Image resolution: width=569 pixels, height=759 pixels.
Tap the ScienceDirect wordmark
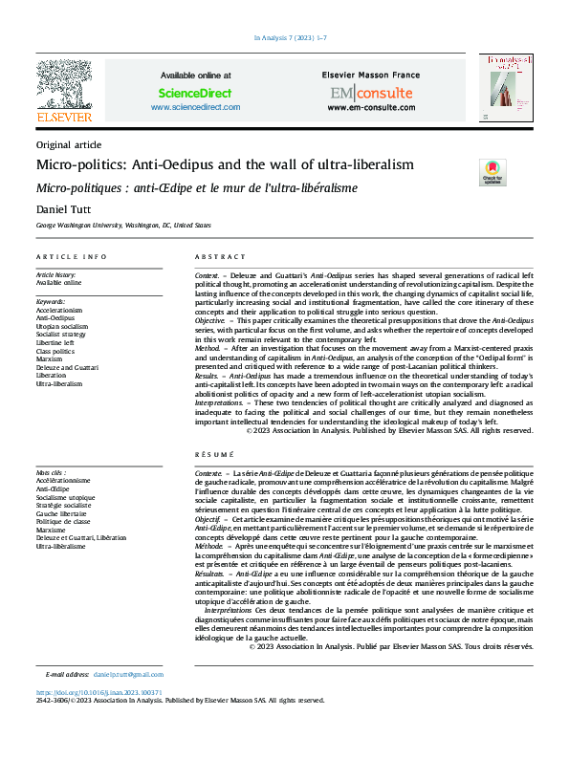[195, 93]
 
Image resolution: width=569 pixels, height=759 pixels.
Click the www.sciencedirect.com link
[195, 108]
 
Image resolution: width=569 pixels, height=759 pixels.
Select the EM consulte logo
[371, 93]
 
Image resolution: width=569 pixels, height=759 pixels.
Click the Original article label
[68, 144]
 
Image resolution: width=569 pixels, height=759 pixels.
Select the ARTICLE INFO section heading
[72, 258]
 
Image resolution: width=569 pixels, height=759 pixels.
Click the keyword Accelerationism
[59, 311]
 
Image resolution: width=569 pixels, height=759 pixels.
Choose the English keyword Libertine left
[56, 341]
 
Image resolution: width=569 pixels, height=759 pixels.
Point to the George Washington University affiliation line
[123, 227]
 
